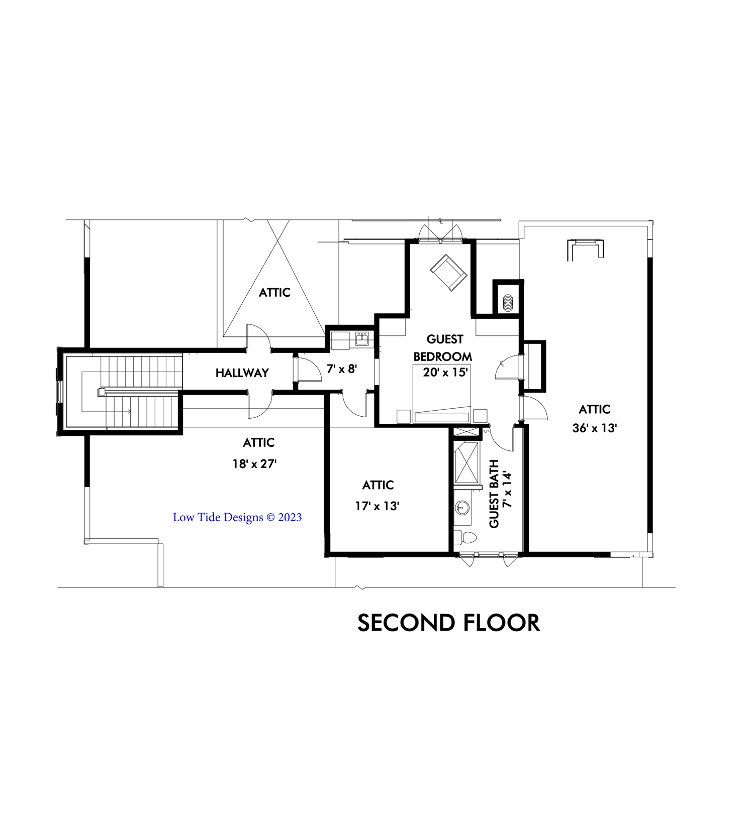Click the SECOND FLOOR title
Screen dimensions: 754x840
point(448,623)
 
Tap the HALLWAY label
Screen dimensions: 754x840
point(242,373)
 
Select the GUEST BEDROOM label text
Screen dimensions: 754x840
point(443,348)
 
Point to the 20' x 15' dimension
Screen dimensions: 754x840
point(445,372)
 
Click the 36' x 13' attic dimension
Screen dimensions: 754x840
point(595,428)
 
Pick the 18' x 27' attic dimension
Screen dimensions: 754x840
point(254,464)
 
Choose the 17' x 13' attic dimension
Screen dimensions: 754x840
point(377,506)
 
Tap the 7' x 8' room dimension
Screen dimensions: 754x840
point(342,369)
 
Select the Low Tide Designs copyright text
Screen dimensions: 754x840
point(237,517)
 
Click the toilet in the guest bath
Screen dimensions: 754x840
point(464,538)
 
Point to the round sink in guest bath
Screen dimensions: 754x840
point(462,508)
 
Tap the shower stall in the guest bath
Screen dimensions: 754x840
point(466,462)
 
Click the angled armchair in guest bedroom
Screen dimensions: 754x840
point(448,272)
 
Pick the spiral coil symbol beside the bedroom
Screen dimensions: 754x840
point(508,303)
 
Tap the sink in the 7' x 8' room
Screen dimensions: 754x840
point(362,339)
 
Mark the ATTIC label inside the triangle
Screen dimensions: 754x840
point(274,292)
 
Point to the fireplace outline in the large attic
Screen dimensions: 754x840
point(585,250)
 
